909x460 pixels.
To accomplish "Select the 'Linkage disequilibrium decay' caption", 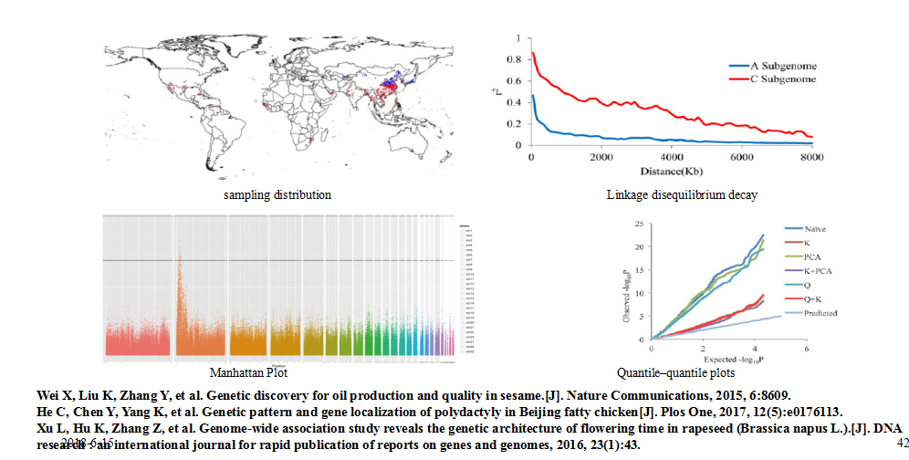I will coord(668,195).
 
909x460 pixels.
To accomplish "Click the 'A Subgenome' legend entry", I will coord(783,66).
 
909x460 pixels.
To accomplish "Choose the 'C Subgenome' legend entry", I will coord(783,79).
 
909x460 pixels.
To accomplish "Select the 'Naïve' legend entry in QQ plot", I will coord(816,228).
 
